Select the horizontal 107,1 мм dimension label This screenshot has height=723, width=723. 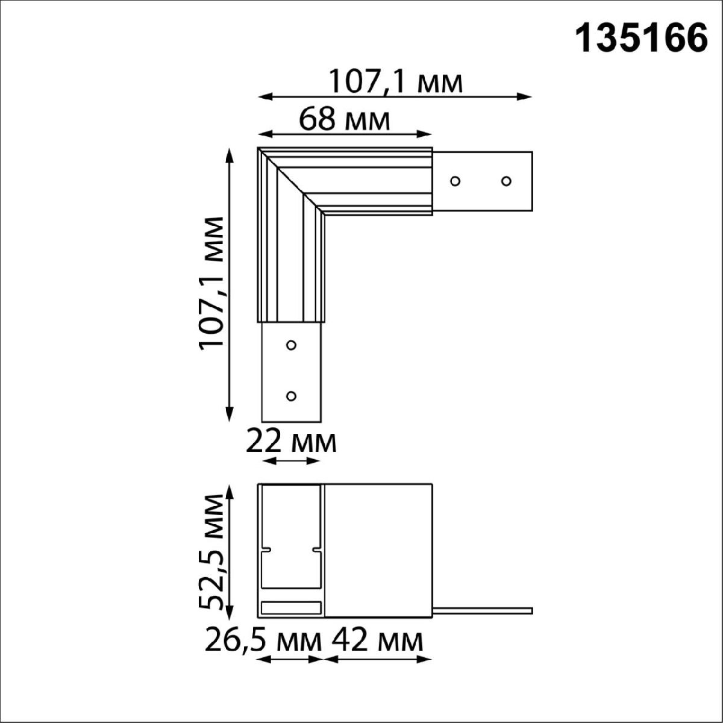tap(396, 81)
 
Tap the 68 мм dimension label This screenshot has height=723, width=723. tap(345, 120)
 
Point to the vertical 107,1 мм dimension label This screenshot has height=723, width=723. tap(212, 282)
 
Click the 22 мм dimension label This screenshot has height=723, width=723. tap(291, 443)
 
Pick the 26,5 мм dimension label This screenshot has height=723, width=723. tap(263, 640)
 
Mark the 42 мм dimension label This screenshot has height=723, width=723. tap(377, 640)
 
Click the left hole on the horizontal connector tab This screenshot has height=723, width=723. tap(455, 181)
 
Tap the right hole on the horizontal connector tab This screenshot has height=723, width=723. tap(506, 181)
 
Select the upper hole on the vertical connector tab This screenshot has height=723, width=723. tap(291, 345)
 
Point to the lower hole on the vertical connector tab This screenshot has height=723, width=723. tap(291, 396)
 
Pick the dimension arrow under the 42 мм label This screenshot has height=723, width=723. tap(378, 659)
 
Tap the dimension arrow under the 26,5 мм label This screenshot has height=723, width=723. tap(291, 659)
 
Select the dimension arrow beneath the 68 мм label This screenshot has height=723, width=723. tap(345, 134)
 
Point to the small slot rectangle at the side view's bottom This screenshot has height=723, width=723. tap(291, 608)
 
